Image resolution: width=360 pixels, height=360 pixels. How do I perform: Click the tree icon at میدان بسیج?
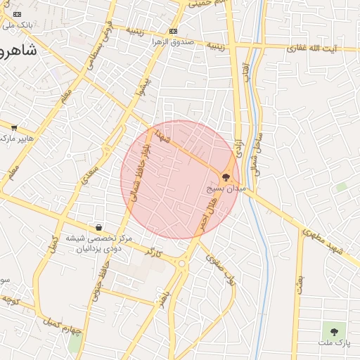pos(226,178)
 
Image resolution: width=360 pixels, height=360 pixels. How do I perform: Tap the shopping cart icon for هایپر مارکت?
pos(14,127)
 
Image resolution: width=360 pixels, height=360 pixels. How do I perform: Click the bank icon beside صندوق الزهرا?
pos(173,32)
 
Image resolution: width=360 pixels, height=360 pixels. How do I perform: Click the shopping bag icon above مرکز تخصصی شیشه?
pos(98,227)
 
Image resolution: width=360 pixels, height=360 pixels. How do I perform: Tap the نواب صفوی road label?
pos(219,269)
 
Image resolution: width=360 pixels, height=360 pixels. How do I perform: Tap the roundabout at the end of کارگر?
pos(182,264)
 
